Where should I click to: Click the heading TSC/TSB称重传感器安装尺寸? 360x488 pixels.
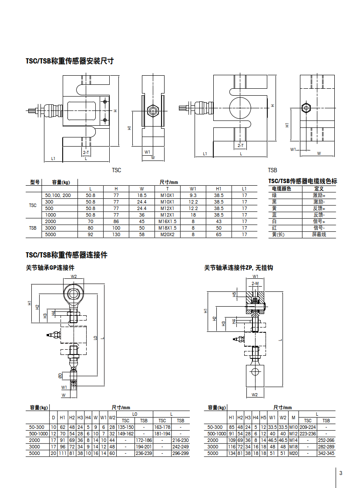[70, 61]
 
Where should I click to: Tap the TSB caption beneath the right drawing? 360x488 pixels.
[273, 170]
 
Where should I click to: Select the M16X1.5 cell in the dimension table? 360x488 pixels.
[167, 221]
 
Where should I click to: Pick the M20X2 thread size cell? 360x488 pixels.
[167, 234]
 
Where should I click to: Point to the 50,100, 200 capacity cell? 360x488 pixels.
[58, 195]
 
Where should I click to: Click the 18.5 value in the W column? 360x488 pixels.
[141, 195]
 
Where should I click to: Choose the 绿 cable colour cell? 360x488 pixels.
[275, 195]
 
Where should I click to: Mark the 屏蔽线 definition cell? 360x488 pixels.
[319, 234]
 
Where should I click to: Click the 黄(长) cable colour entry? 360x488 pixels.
[278, 234]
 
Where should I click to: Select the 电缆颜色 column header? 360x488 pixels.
[282, 189]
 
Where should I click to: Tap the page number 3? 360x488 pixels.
[341, 473]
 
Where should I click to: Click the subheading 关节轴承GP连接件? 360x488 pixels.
[50, 267]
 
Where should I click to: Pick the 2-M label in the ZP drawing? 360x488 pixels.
[255, 283]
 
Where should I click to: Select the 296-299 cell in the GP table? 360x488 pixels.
[180, 453]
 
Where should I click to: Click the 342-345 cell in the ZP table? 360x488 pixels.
[326, 453]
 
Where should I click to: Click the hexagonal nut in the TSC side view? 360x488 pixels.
[153, 110]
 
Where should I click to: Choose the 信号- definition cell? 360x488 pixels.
[319, 228]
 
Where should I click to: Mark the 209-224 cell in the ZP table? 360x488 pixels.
[308, 427]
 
